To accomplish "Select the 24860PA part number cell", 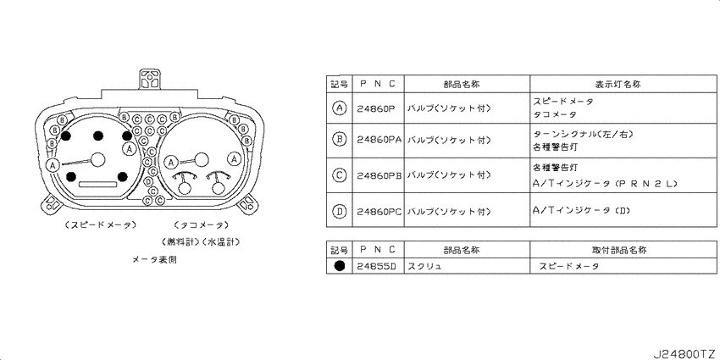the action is click(x=379, y=140).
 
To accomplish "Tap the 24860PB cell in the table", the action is click(x=379, y=175).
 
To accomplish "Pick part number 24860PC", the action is click(x=379, y=211).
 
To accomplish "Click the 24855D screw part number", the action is click(x=376, y=266).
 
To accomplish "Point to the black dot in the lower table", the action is click(x=340, y=266).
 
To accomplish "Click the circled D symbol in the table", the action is click(x=339, y=211).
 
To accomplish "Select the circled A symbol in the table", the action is click(x=339, y=108).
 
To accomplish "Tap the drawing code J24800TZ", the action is click(x=684, y=353).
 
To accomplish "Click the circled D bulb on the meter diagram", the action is click(x=148, y=182).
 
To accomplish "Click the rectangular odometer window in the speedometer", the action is click(x=97, y=184).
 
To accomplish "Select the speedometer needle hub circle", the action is click(x=97, y=159).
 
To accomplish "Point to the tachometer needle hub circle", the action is click(x=201, y=159).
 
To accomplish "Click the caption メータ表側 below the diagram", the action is click(x=154, y=260).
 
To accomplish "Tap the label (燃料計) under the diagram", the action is click(x=180, y=241).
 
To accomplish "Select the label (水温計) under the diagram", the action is click(x=221, y=241).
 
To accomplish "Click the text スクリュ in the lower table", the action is click(x=424, y=266).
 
